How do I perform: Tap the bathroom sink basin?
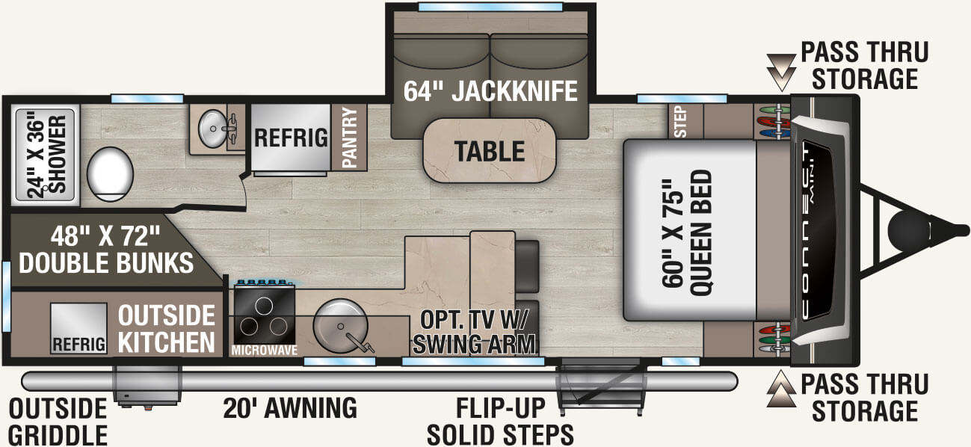pyautogui.click(x=213, y=130)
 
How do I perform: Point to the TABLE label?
pyautogui.click(x=490, y=152)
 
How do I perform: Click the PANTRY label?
pyautogui.click(x=349, y=138)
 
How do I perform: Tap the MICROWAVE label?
pyautogui.click(x=263, y=350)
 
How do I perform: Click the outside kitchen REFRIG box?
pyautogui.click(x=78, y=328)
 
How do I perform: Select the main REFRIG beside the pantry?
pyautogui.click(x=291, y=138)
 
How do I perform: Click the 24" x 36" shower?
pyautogui.click(x=46, y=156)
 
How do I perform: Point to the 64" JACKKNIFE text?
pyautogui.click(x=491, y=91)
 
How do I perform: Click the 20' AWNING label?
pyautogui.click(x=290, y=408)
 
